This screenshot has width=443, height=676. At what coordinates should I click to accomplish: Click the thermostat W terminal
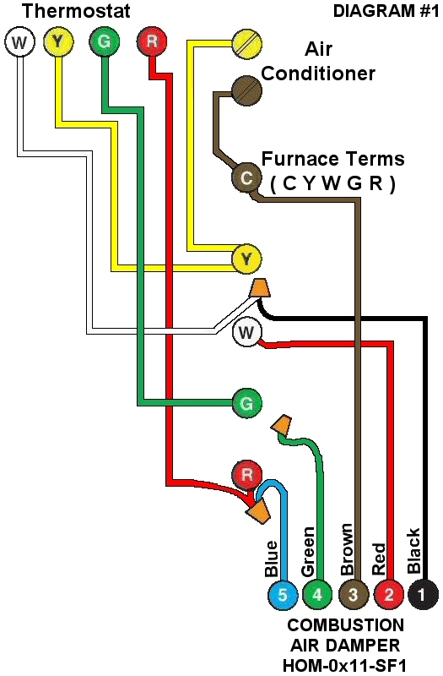point(18,41)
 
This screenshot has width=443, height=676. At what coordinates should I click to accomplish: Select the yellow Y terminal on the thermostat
point(58,41)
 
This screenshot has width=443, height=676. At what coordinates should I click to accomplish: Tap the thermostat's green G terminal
point(104,41)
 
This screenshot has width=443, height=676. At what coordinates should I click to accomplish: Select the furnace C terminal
point(246,177)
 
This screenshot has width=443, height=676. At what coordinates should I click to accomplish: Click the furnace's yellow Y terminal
point(246,259)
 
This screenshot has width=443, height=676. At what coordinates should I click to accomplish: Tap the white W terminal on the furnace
point(246,332)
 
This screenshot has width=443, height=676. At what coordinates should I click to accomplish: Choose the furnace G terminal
point(246,403)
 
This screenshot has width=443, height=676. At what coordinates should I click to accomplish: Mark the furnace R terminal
point(246,474)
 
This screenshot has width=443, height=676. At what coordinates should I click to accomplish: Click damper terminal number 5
point(283,595)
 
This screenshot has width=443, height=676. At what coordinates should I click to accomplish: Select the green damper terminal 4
point(317,595)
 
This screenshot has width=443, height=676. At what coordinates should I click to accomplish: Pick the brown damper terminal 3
point(354,595)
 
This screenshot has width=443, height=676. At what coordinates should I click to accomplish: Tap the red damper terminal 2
point(389,595)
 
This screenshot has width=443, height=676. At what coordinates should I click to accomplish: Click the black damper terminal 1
point(424,595)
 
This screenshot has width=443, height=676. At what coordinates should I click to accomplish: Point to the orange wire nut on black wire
point(261,288)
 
